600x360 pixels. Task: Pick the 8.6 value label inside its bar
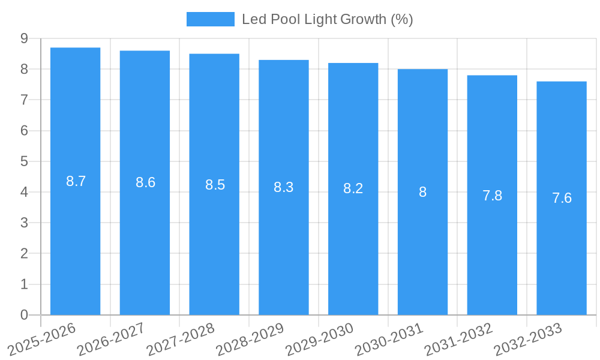pyautogui.click(x=145, y=182)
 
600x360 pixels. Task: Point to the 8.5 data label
pyautogui.click(x=215, y=185)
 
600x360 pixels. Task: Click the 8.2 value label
pyautogui.click(x=353, y=188)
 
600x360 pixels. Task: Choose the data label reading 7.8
pyautogui.click(x=492, y=196)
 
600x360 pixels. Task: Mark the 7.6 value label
pyautogui.click(x=562, y=198)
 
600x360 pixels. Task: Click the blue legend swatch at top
pyautogui.click(x=210, y=19)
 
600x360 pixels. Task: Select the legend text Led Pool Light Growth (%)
pyautogui.click(x=327, y=19)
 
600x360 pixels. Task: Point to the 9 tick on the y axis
pyautogui.click(x=24, y=38)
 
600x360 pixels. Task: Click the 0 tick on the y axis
pyautogui.click(x=24, y=315)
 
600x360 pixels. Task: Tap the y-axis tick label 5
pyautogui.click(x=24, y=161)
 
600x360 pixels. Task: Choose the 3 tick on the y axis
pyautogui.click(x=24, y=223)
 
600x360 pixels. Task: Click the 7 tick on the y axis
pyautogui.click(x=24, y=100)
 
